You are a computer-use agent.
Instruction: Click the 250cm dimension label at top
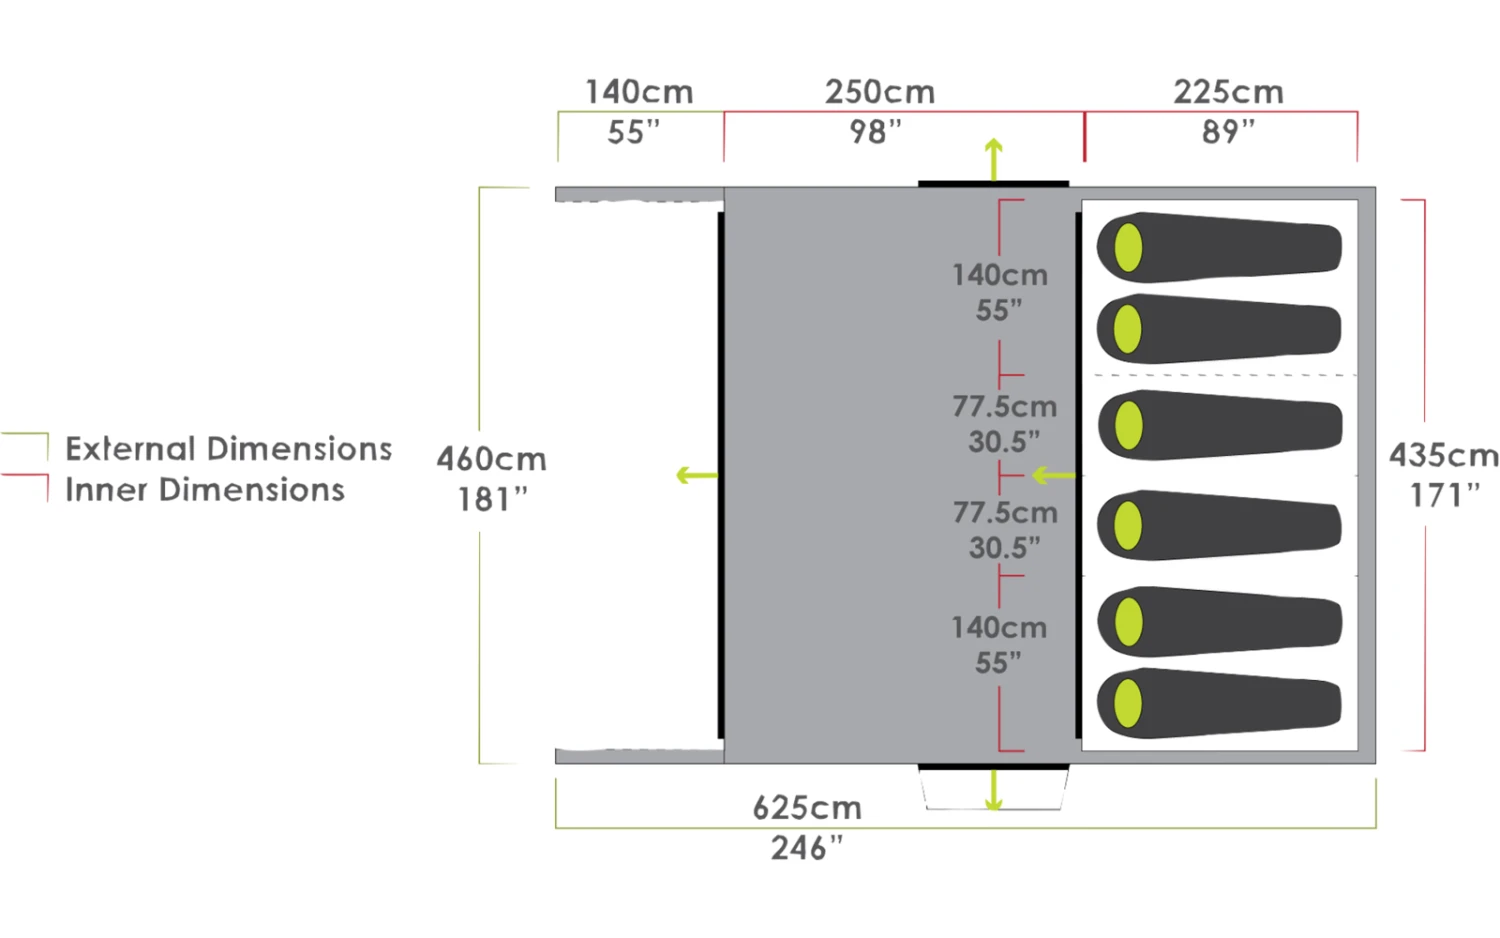[879, 92]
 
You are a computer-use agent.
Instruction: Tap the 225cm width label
[1227, 92]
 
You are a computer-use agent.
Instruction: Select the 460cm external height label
[491, 459]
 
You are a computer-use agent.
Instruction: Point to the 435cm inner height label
[1443, 455]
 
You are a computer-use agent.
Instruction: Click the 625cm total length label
[807, 807]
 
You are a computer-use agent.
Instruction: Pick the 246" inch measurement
[807, 848]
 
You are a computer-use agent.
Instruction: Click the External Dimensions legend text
[228, 449]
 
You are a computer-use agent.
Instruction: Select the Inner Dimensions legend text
[204, 490]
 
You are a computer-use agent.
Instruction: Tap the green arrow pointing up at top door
[993, 158]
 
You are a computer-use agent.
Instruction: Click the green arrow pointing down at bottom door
[993, 791]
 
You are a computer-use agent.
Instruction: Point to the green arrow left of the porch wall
[696, 475]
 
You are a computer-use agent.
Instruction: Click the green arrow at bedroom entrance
[1053, 475]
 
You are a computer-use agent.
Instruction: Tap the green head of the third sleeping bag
[1128, 426]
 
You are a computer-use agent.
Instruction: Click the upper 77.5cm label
[1004, 407]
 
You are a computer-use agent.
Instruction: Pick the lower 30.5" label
[1004, 548]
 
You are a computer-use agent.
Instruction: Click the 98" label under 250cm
[875, 131]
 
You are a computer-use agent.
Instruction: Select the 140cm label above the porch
[638, 92]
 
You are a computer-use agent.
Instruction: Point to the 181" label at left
[491, 499]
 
